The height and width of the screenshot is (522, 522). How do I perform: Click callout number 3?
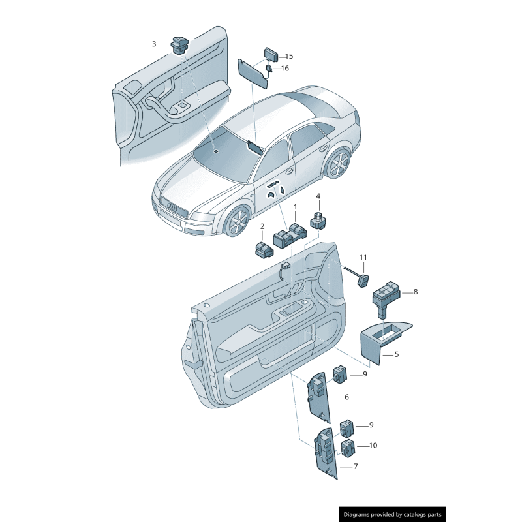(154, 44)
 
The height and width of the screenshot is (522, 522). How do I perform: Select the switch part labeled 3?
(179, 44)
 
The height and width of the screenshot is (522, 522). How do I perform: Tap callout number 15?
(289, 56)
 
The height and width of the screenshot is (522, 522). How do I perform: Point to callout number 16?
(285, 68)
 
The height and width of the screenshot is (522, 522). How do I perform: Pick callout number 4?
(318, 196)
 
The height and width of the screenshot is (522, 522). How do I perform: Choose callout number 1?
(294, 207)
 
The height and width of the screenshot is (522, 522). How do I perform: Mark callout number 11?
(363, 258)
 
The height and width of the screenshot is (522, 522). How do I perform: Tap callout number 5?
(396, 355)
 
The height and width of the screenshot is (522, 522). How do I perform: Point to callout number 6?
(346, 397)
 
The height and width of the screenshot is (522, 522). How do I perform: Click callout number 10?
(373, 446)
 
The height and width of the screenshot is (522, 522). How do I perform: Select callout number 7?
(356, 467)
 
